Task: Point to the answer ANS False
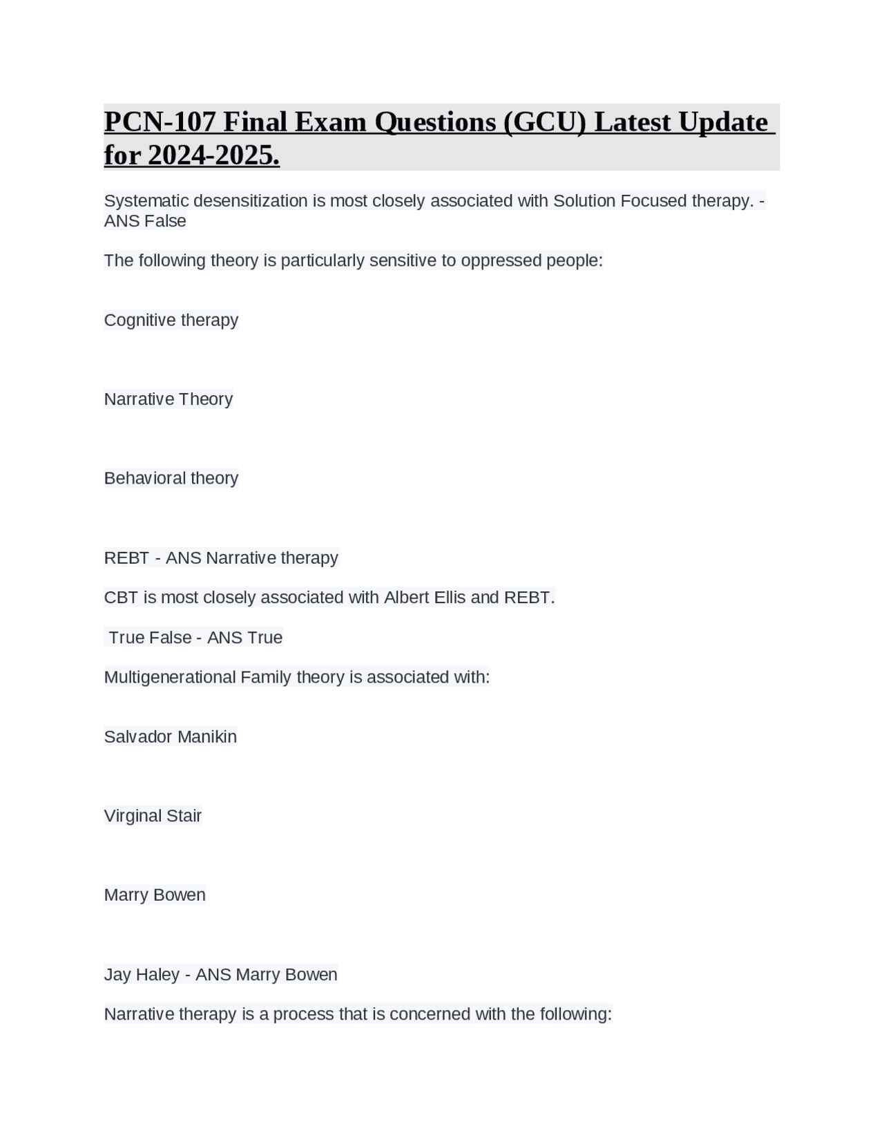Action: point(145,221)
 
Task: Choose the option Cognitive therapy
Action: point(171,320)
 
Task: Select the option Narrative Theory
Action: point(168,399)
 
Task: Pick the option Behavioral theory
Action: point(171,478)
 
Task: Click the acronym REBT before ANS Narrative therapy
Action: point(126,557)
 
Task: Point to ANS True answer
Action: point(244,638)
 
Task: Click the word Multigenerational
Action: point(170,677)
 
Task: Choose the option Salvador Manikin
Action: point(170,736)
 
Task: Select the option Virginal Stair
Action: point(153,816)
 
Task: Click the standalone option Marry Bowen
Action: point(155,895)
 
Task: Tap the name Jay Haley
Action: point(142,974)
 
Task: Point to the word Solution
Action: point(584,201)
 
